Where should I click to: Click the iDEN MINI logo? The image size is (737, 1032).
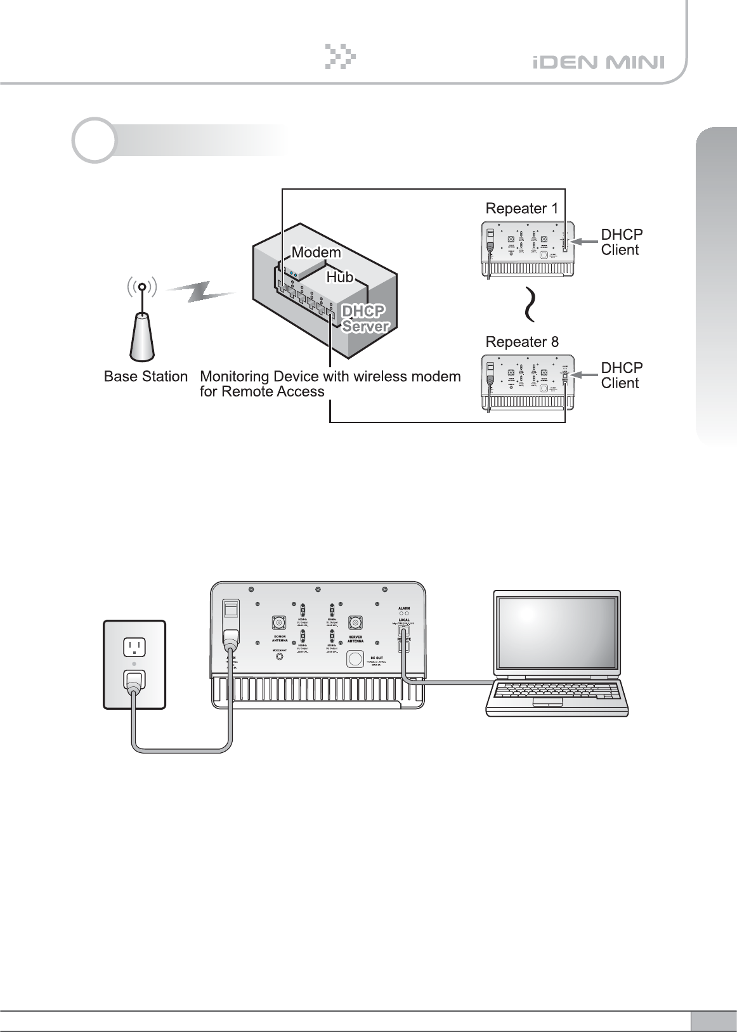pos(598,63)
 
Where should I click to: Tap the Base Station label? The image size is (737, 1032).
pos(146,377)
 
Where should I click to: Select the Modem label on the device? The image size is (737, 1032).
pos(316,252)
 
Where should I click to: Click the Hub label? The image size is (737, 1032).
pos(339,277)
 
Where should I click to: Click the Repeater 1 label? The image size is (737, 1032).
pos(522,208)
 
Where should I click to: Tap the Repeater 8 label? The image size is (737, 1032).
pos(522,342)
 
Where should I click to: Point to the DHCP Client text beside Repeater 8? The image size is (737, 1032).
pos(622,376)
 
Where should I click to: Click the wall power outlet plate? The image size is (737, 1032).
pos(134,664)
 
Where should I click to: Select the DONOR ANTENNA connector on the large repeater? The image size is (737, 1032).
pos(278,622)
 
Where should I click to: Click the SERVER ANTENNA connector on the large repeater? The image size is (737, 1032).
pos(355,622)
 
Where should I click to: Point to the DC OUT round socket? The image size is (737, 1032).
pos(355,659)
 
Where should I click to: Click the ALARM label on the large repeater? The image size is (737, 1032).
pos(403,608)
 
